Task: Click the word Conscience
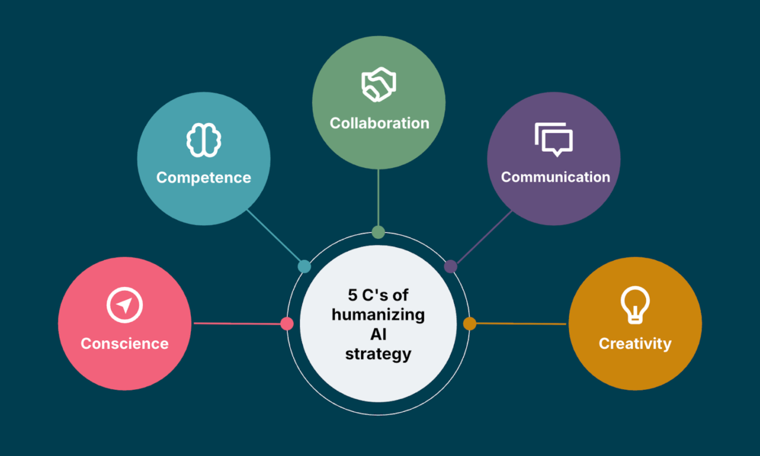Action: click(x=124, y=344)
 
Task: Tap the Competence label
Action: click(x=204, y=178)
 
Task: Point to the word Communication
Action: click(x=555, y=177)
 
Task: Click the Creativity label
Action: click(x=635, y=344)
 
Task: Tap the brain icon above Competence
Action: click(x=204, y=140)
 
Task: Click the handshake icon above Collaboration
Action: click(x=379, y=84)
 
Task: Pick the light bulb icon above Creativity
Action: click(x=635, y=305)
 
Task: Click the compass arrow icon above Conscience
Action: click(x=124, y=305)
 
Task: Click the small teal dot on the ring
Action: click(x=304, y=267)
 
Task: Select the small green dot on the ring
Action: click(x=378, y=232)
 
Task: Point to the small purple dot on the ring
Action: click(x=450, y=267)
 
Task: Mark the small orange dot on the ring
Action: click(x=469, y=324)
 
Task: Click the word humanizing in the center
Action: click(x=378, y=315)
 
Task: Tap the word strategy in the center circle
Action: click(x=378, y=354)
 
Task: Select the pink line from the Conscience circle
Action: click(x=237, y=324)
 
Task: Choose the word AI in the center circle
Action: click(x=378, y=334)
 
